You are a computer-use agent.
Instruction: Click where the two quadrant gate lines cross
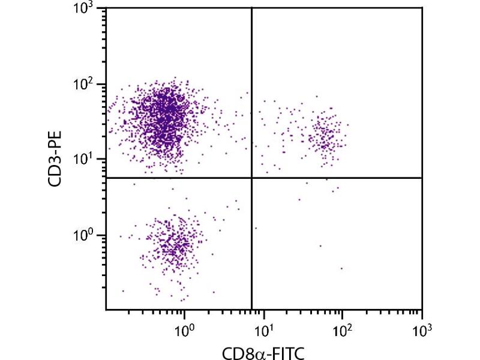point(251,178)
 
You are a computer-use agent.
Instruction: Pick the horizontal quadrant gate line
point(336,178)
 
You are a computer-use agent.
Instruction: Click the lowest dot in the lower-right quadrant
point(342,268)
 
